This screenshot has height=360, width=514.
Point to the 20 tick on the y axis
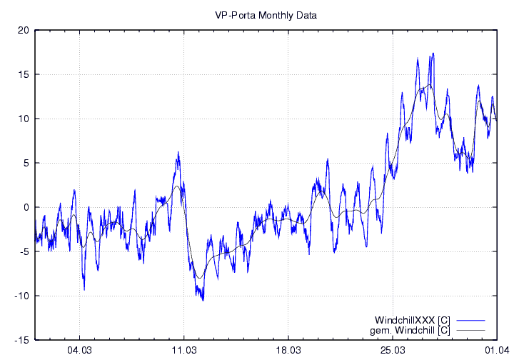24,30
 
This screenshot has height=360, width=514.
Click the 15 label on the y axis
24,74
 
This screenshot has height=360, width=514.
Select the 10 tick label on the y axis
24,119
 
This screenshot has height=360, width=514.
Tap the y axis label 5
26,163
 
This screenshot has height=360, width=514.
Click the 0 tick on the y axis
26,207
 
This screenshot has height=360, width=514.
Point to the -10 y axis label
22,296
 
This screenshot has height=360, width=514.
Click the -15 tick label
22,340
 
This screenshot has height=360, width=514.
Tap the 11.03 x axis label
183,350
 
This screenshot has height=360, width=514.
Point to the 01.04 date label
496,350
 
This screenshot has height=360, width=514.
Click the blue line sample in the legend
469,319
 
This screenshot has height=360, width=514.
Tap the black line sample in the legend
469,330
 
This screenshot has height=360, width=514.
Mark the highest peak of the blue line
433,53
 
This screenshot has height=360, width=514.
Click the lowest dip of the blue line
203,300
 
